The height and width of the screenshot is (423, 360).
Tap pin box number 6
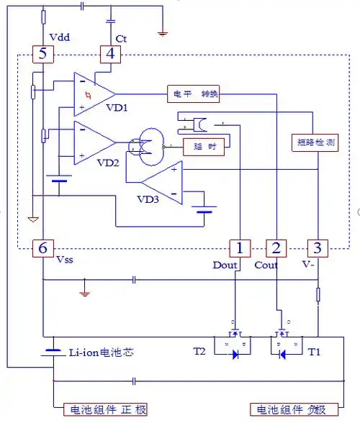pyautogui.click(x=42, y=248)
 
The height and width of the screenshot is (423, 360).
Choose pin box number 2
pyautogui.click(x=276, y=248)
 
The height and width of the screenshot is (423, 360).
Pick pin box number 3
pyautogui.click(x=317, y=248)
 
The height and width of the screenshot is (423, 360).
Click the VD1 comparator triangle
pyautogui.click(x=92, y=94)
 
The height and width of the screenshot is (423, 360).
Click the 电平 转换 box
pyautogui.click(x=192, y=94)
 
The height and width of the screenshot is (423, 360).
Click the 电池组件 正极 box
pyautogui.click(x=107, y=409)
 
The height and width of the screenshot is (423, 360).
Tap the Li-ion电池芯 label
pyautogui.click(x=101, y=353)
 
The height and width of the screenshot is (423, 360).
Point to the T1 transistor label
pyautogui.click(x=315, y=353)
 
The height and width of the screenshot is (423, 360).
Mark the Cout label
pyautogui.click(x=266, y=265)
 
